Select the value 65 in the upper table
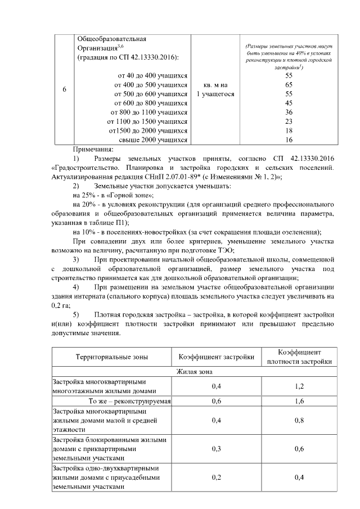coord(289,84)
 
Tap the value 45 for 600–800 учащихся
coord(289,103)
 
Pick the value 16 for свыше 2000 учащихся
coord(289,139)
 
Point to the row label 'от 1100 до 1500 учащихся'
coord(147,121)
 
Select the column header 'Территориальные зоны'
coord(111,357)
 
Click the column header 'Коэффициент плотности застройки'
coord(299,356)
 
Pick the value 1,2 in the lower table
coord(299,386)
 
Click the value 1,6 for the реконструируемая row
coord(299,401)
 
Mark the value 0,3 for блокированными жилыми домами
coord(217,449)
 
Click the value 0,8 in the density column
coord(299,420)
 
